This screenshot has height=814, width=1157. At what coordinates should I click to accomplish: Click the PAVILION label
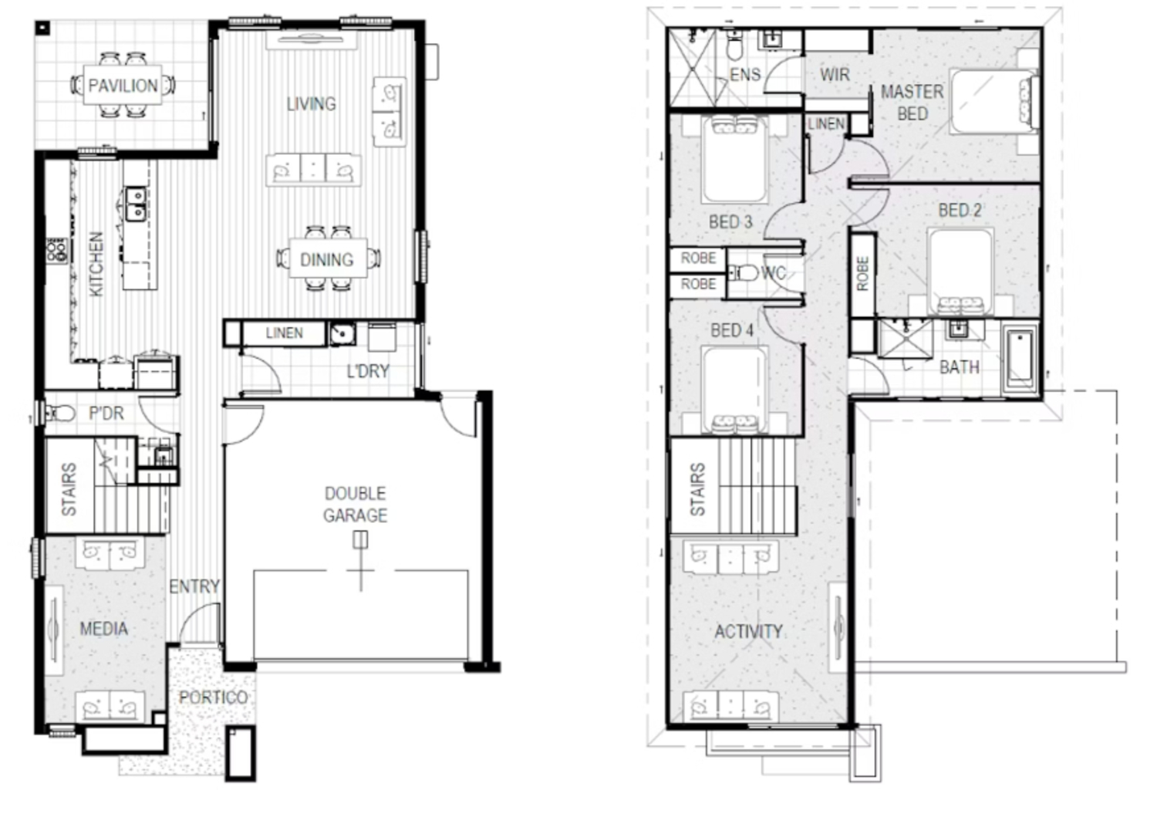click(x=123, y=85)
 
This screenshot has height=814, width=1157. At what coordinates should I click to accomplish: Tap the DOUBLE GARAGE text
click(x=355, y=504)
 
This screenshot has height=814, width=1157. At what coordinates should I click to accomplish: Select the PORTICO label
click(x=213, y=697)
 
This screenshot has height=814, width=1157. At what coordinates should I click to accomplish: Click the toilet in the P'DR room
click(x=61, y=414)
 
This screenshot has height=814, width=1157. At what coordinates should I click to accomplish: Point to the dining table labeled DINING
click(x=327, y=259)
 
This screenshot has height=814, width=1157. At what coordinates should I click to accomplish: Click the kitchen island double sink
click(x=136, y=203)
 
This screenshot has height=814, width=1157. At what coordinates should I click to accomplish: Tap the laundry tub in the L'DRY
click(x=342, y=334)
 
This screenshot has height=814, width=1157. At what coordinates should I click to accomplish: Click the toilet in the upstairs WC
click(x=744, y=272)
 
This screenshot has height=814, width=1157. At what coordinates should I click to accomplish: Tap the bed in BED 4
click(x=734, y=390)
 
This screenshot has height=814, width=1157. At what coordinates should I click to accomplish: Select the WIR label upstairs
click(x=835, y=75)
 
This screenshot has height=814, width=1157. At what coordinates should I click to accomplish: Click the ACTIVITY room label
click(x=748, y=632)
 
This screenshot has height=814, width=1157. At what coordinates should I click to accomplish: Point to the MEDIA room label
click(x=103, y=629)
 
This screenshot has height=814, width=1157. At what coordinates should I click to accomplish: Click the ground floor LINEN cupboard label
click(x=284, y=333)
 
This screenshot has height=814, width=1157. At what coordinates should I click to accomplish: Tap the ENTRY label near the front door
click(x=194, y=587)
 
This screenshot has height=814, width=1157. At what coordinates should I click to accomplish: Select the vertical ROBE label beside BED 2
click(x=862, y=274)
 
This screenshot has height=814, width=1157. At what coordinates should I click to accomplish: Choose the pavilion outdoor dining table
click(x=123, y=85)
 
